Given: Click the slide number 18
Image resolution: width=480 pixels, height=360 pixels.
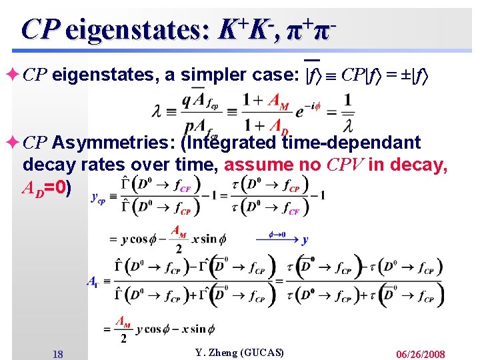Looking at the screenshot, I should [x=58, y=354].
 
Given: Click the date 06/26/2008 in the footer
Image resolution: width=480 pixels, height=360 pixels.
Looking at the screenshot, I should [x=420, y=354].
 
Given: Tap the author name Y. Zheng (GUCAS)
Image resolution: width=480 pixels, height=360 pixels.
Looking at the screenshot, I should [x=239, y=352].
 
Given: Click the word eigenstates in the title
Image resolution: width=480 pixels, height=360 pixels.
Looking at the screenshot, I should [x=139, y=29].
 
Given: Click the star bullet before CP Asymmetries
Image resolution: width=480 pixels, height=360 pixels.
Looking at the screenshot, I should [x=13, y=142].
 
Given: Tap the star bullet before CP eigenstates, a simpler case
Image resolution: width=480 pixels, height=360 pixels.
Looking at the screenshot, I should [x=13, y=75].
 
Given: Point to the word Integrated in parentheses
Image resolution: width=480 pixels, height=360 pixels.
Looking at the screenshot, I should [x=231, y=143].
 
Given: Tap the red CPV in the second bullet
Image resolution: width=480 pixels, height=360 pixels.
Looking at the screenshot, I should [x=345, y=165].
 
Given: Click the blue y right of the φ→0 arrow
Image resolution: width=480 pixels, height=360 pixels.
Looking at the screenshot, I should [x=305, y=239].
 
